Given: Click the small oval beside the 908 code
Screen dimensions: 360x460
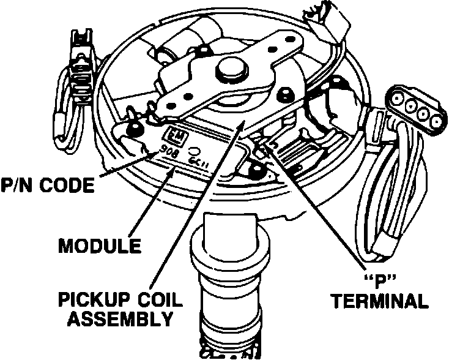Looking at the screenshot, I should tap(194, 150).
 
